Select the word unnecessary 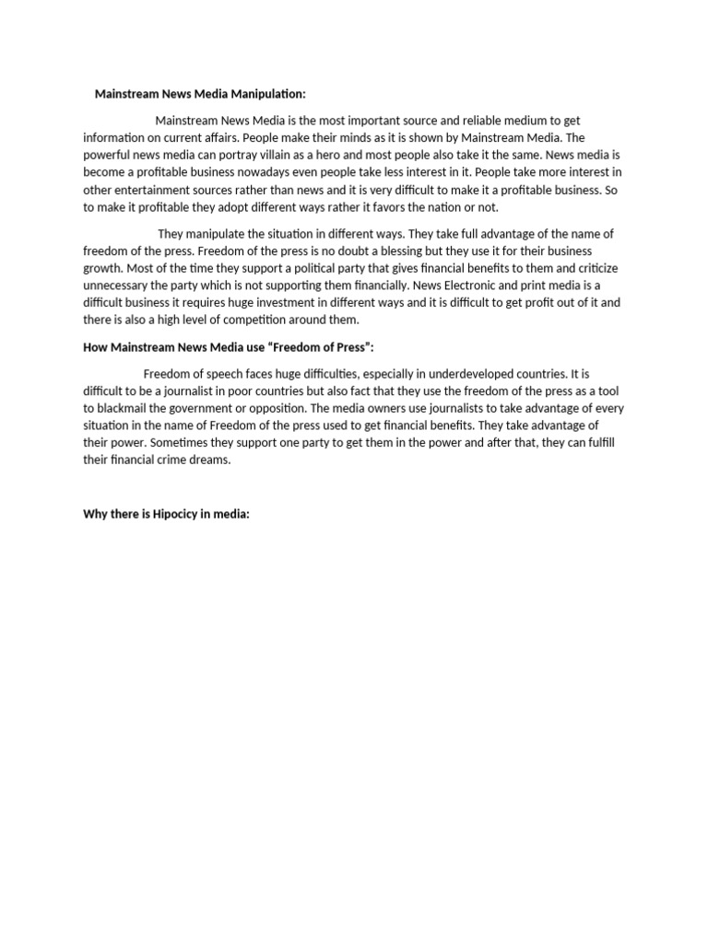coord(122,285)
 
